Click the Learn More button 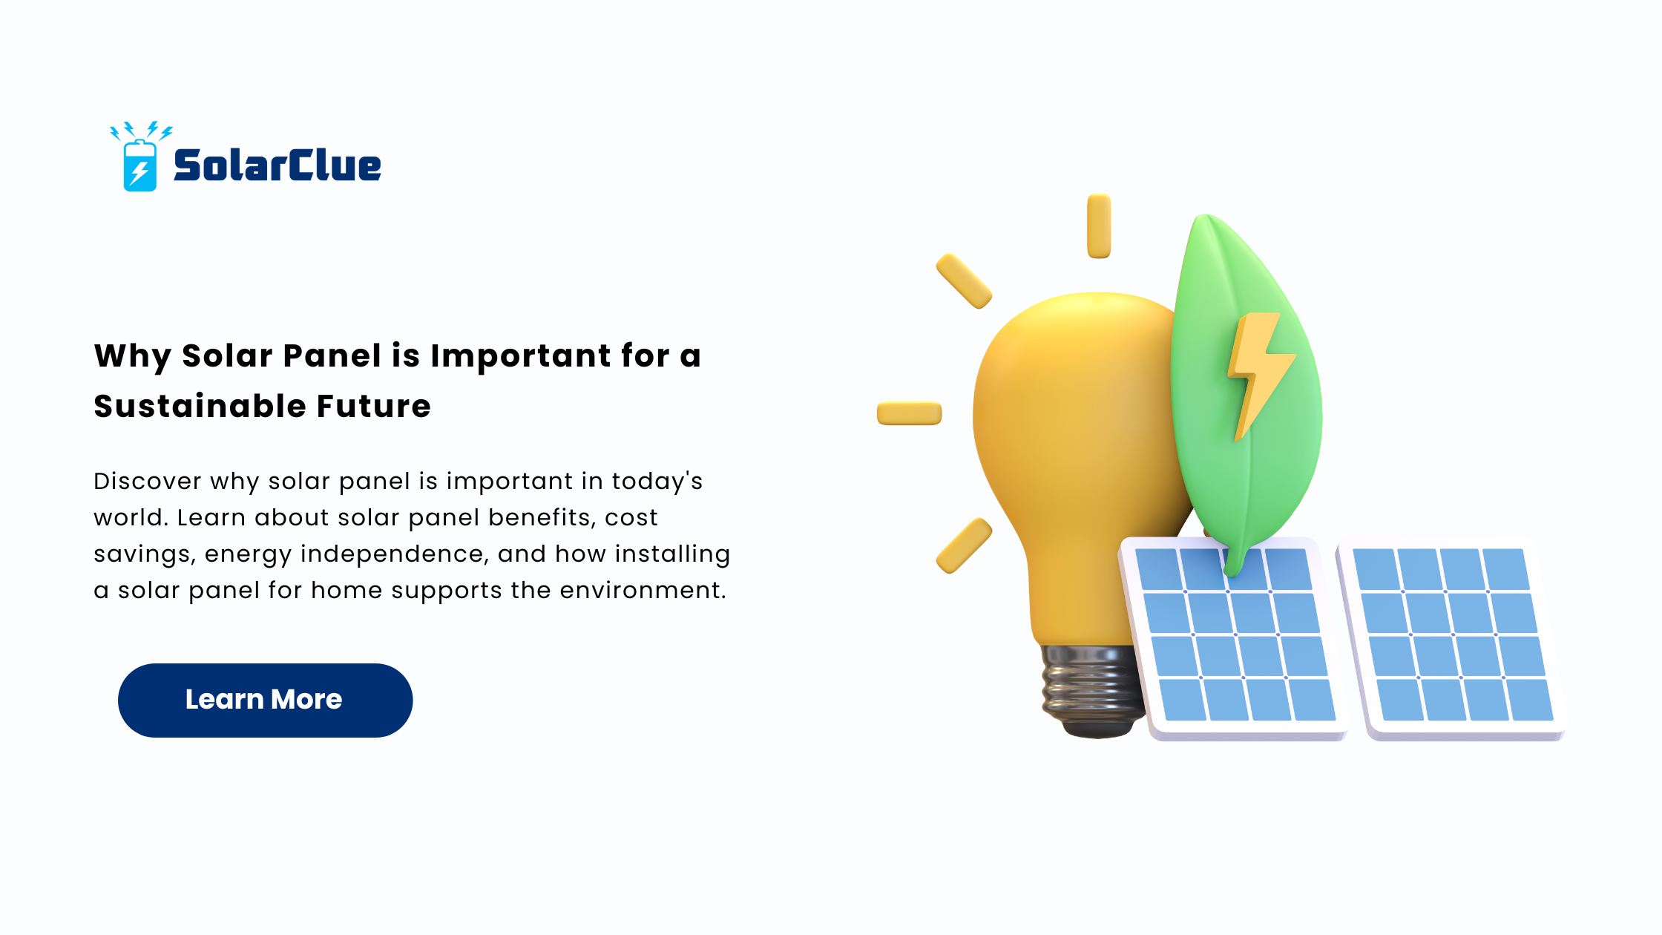(x=265, y=700)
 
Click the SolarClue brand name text (x=277, y=165)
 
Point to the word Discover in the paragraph (x=148, y=481)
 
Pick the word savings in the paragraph (x=145, y=555)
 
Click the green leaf (x=1246, y=393)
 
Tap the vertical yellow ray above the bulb (x=1099, y=226)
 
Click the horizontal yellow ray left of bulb (x=909, y=413)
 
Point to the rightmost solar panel (x=1451, y=638)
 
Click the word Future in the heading (x=373, y=406)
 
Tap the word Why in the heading (x=133, y=357)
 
